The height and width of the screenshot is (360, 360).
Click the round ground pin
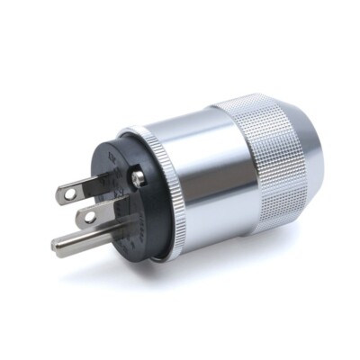(85, 241)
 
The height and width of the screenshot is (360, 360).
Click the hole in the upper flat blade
(72, 190)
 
